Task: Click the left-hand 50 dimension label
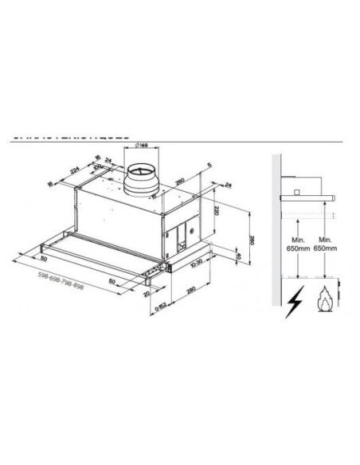42,260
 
